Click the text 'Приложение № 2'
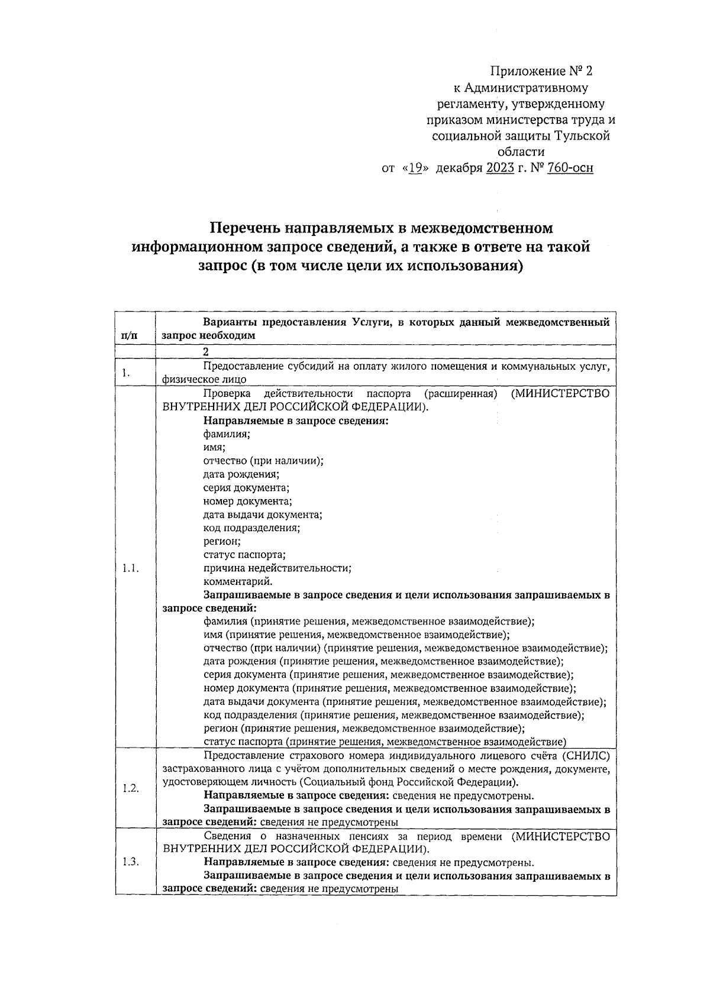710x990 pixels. [541, 72]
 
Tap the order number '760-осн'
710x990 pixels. [570, 168]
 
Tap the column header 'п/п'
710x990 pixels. [128, 335]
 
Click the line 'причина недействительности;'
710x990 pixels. [277, 568]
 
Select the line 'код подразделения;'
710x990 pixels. [251, 528]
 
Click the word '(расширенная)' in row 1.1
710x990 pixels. [459, 394]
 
